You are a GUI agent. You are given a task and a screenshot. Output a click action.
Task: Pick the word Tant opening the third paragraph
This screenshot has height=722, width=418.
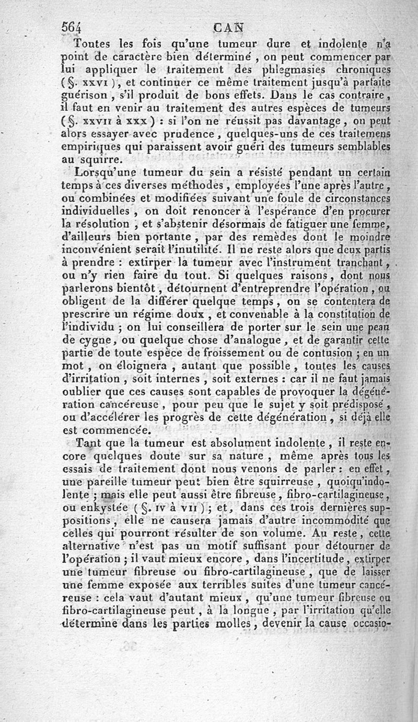click(87, 444)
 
